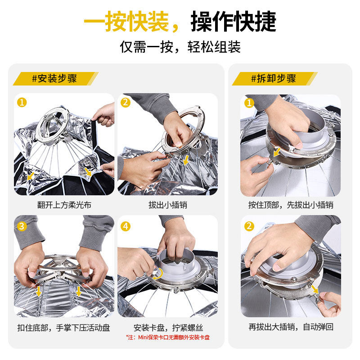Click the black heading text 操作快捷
[x=234, y=21]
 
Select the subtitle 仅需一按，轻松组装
[x=180, y=47]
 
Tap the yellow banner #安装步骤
[x=55, y=78]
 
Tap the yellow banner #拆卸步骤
[x=274, y=78]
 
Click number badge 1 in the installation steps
[x=22, y=103]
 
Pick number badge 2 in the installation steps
[x=126, y=103]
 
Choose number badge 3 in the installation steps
[x=22, y=226]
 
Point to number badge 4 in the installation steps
[x=126, y=226]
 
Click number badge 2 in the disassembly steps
[x=249, y=226]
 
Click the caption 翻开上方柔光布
[x=64, y=205]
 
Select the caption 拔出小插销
[x=168, y=205]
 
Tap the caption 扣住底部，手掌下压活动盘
[x=64, y=328]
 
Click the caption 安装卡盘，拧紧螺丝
[x=168, y=328]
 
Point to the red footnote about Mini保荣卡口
[x=168, y=337]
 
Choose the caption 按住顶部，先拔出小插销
[x=291, y=205]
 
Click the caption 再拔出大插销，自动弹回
[x=291, y=327]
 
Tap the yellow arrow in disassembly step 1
[x=277, y=152]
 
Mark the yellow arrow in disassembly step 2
[x=315, y=289]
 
